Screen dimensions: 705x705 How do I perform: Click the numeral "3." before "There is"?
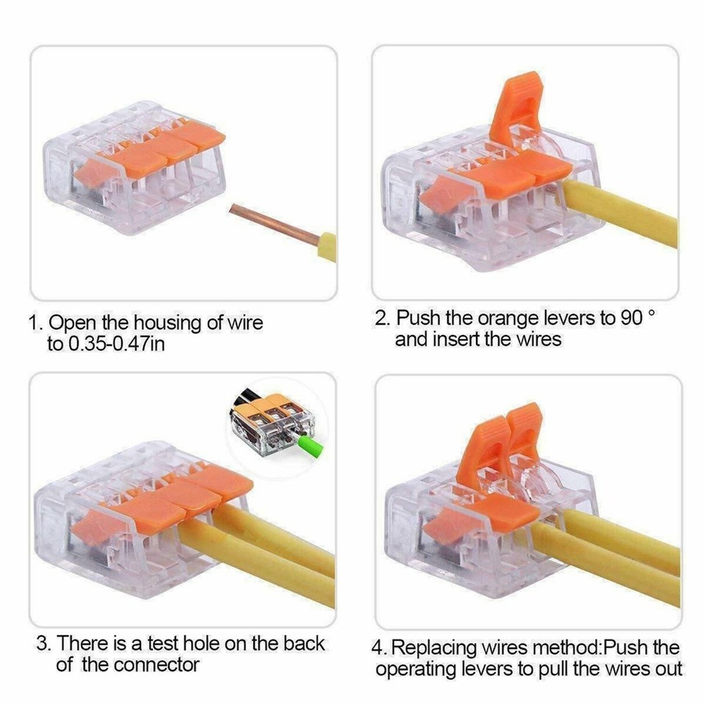point(45,643)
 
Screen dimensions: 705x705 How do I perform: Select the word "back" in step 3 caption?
point(303,643)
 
